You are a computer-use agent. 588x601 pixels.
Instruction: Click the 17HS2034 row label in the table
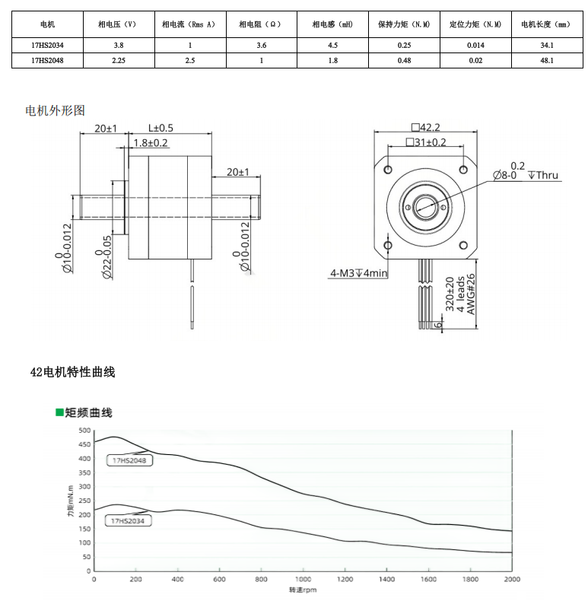tap(47, 45)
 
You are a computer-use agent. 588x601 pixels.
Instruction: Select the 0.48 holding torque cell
tap(404, 61)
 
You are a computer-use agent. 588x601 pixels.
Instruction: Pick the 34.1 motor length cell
tap(547, 45)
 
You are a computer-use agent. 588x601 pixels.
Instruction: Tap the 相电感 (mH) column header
tap(332, 24)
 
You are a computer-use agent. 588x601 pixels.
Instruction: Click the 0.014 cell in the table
tap(475, 45)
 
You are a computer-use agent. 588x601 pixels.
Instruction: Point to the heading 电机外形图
tap(56, 111)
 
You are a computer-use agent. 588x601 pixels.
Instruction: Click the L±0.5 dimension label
tap(161, 128)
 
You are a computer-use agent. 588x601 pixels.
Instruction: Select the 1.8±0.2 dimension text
tap(151, 143)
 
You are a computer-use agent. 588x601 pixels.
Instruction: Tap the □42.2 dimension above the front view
tap(425, 127)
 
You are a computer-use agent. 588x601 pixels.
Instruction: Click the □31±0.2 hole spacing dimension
tap(426, 142)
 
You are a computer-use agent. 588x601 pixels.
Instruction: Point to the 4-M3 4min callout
tap(359, 273)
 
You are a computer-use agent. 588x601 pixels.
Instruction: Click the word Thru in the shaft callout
tap(547, 175)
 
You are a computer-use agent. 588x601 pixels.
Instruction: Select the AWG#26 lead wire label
tap(471, 294)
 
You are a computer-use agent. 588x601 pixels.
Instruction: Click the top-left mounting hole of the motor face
tap(387, 170)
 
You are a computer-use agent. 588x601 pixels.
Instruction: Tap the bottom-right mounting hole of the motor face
tap(463, 245)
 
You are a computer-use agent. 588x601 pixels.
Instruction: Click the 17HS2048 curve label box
tap(129, 460)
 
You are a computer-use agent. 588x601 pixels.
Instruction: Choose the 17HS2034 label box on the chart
tap(128, 521)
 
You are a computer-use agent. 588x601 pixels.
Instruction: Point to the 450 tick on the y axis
tap(84, 444)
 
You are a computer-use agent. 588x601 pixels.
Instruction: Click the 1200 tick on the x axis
tap(345, 579)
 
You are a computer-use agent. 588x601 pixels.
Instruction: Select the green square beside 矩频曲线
tap(59, 412)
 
